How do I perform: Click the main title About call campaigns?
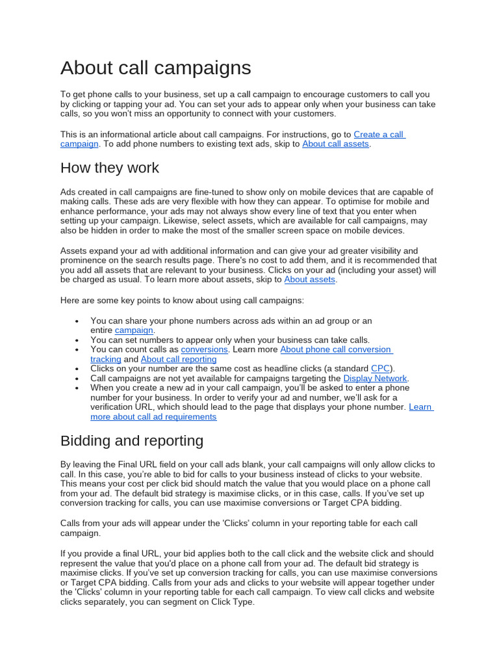click(x=155, y=68)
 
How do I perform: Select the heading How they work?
click(x=109, y=168)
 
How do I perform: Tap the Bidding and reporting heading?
click(x=131, y=440)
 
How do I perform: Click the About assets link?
click(x=310, y=280)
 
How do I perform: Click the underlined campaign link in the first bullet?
click(x=134, y=330)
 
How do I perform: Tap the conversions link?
click(x=204, y=349)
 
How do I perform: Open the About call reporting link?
click(x=179, y=359)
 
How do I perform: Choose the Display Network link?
click(x=375, y=378)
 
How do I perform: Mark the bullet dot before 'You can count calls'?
click(x=77, y=350)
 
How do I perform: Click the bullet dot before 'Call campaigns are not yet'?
click(x=77, y=379)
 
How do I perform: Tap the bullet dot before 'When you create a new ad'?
click(x=77, y=388)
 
